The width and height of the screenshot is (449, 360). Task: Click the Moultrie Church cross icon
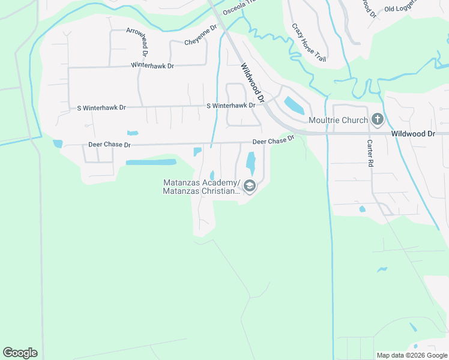coord(377,120)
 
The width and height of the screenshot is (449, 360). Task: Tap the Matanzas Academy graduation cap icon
coord(250,187)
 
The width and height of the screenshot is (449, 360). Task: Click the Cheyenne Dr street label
coord(200,37)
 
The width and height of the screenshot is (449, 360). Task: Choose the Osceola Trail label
coord(238,8)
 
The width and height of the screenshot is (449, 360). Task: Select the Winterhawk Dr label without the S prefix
coord(153,64)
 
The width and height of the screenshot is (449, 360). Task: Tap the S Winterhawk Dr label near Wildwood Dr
coord(231,106)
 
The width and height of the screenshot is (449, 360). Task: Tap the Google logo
coord(20,353)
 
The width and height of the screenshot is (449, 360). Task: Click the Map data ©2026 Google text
coord(412,355)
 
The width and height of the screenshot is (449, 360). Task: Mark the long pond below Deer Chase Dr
coord(151,162)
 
